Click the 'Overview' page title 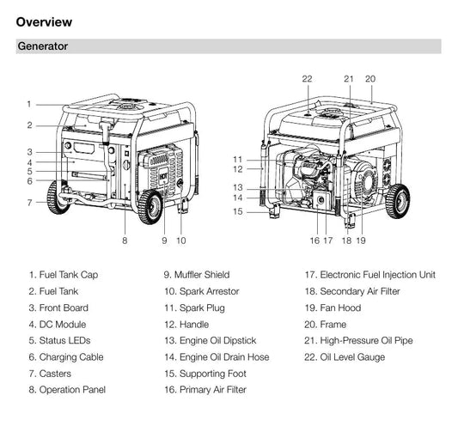pyautogui.click(x=44, y=22)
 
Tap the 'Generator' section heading pyautogui.click(x=43, y=46)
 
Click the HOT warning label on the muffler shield pyautogui.click(x=163, y=176)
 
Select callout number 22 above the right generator pyautogui.click(x=307, y=79)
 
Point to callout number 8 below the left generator pyautogui.click(x=125, y=240)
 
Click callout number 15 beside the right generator pyautogui.click(x=238, y=211)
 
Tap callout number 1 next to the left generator pyautogui.click(x=29, y=104)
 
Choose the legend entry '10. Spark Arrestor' pyautogui.click(x=202, y=291)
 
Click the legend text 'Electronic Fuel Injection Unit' pyautogui.click(x=378, y=275)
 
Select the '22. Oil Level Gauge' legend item pyautogui.click(x=345, y=357)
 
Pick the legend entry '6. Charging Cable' pyautogui.click(x=66, y=357)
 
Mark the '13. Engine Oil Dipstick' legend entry pyautogui.click(x=211, y=340)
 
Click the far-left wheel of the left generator pyautogui.click(x=58, y=197)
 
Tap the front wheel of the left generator pyautogui.click(x=150, y=207)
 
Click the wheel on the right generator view pyautogui.click(x=397, y=201)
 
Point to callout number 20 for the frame pyautogui.click(x=370, y=79)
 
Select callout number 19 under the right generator pyautogui.click(x=361, y=240)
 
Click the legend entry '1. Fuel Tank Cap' pyautogui.click(x=64, y=275)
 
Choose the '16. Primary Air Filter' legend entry pyautogui.click(x=205, y=390)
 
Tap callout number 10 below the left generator pyautogui.click(x=180, y=240)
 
